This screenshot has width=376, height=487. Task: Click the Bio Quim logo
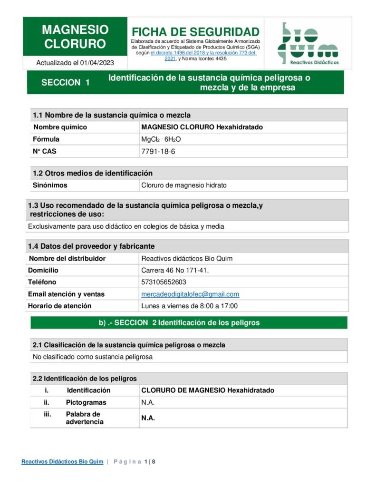pos(308,43)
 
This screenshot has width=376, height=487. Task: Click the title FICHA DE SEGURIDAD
pos(195,32)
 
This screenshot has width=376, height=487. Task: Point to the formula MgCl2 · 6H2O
pos(161,139)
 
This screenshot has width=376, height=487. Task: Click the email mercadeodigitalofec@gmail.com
pos(190,294)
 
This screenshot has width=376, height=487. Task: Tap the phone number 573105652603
pos(164,282)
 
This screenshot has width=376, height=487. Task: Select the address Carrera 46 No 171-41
pos(175,271)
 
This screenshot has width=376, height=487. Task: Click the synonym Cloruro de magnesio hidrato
pos(184,185)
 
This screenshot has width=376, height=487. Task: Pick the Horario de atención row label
pos(59,306)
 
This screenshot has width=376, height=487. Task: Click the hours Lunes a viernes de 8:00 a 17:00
pos(189,306)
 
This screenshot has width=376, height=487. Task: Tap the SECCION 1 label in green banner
pos(66,82)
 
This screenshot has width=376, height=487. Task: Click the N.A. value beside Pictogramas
pos(148,402)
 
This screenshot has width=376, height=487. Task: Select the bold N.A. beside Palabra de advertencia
pos(148,419)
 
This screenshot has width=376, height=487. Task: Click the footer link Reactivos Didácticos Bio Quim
pos(62,462)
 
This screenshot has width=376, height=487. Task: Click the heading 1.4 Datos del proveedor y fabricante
pos(94,246)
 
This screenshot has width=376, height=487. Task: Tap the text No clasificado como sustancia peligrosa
pos(93,357)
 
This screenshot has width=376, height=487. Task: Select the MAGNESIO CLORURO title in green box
pos(75,37)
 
